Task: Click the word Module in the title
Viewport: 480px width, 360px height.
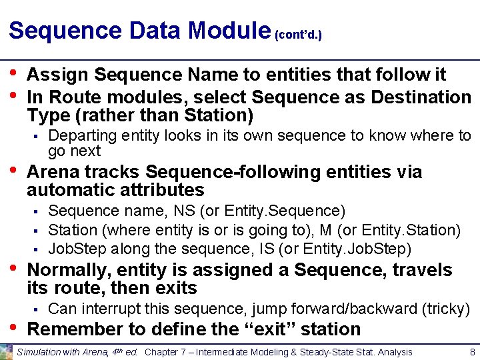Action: [x=229, y=30]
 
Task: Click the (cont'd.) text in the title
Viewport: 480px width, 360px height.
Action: [x=298, y=33]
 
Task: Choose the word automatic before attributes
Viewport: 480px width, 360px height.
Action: [x=73, y=190]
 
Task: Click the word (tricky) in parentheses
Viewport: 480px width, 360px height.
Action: [x=447, y=309]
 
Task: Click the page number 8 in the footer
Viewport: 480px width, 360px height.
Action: [x=471, y=351]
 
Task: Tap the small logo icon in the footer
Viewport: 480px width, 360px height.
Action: [x=6, y=352]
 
